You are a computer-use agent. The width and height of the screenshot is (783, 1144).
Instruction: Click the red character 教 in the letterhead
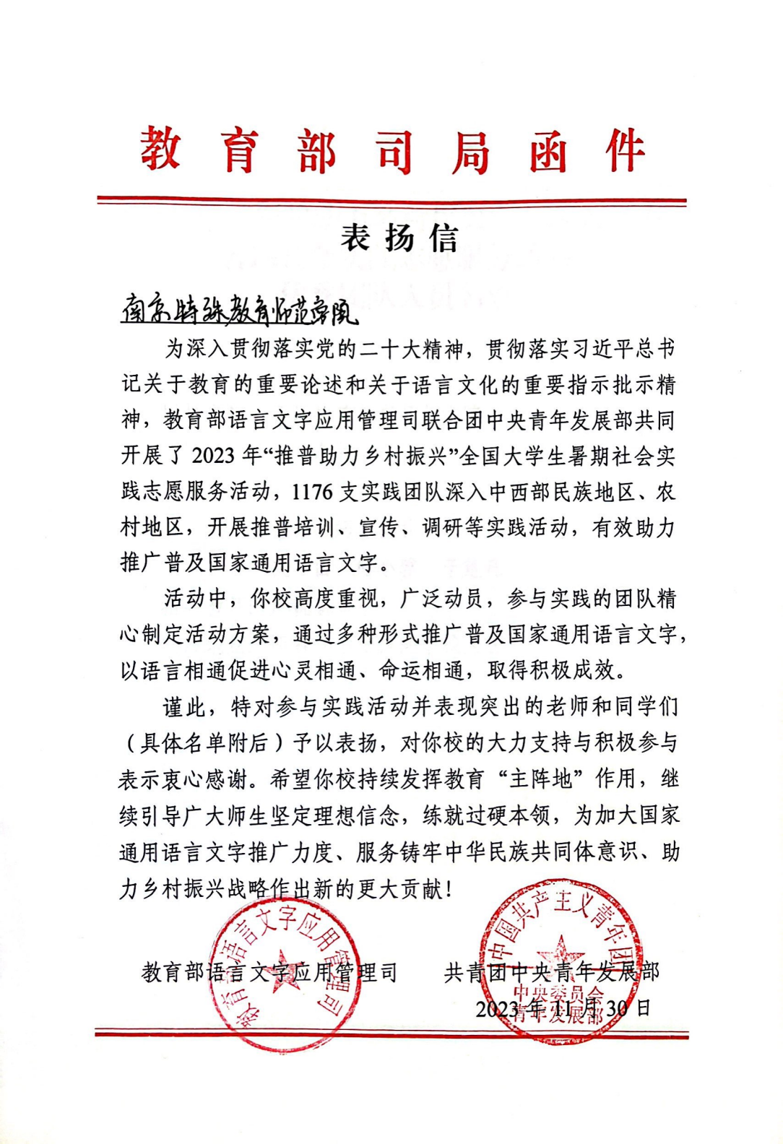coord(160,149)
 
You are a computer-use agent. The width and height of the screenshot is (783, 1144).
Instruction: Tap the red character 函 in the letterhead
coord(548,151)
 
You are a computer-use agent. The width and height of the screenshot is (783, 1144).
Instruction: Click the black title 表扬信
coord(399,238)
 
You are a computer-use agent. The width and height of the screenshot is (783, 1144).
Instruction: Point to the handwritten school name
coord(239,311)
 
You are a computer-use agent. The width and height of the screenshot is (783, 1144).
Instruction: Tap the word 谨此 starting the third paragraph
coord(184,707)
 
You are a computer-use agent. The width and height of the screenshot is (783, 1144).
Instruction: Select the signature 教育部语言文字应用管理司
coord(269,973)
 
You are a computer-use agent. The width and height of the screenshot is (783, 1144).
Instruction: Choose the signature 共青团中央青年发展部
coord(551,973)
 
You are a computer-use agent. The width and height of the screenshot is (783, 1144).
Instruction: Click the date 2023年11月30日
coord(563,1007)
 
